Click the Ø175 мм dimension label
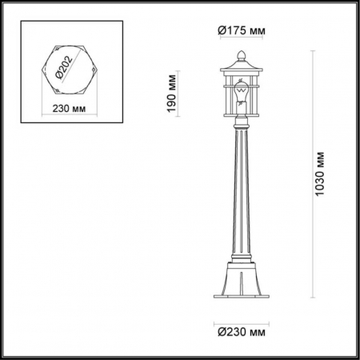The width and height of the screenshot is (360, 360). point(240,30)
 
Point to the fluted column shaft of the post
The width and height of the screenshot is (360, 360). point(239,192)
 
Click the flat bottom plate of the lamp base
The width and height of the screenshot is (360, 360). point(239,302)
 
